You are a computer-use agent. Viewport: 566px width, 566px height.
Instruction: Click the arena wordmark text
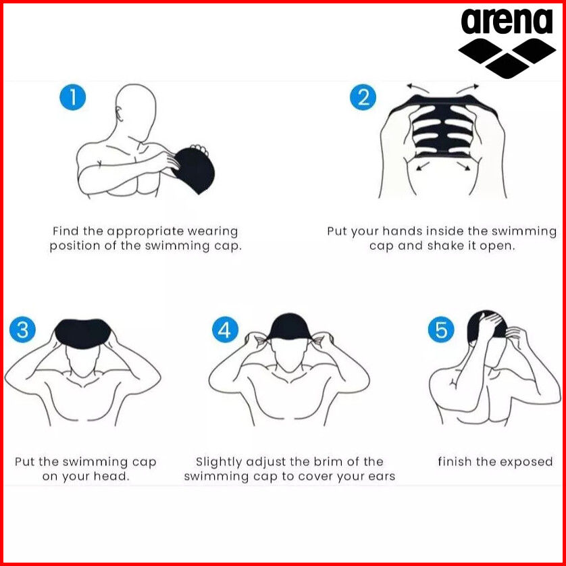(507, 22)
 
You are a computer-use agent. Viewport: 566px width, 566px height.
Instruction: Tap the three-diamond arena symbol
(507, 58)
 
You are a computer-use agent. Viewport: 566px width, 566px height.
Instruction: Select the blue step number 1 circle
(73, 97)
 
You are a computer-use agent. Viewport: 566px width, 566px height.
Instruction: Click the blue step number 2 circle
(363, 97)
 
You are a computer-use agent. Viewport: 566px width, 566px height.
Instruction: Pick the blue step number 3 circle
(23, 329)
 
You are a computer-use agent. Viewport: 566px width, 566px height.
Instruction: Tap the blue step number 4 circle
(225, 329)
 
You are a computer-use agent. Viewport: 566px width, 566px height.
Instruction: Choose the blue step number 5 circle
(441, 329)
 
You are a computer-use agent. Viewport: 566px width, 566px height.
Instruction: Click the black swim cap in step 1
(195, 170)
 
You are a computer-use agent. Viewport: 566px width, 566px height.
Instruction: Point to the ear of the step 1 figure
(120, 114)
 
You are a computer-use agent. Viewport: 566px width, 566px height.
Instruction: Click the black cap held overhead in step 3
(83, 334)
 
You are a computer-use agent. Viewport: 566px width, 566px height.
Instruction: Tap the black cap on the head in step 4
(288, 327)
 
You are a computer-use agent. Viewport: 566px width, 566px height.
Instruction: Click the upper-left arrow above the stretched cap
(417, 88)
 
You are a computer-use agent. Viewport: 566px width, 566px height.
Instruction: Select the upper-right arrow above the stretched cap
(468, 88)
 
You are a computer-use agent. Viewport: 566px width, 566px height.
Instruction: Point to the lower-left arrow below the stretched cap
(423, 165)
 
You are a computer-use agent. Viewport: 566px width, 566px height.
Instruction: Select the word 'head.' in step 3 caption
(111, 476)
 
